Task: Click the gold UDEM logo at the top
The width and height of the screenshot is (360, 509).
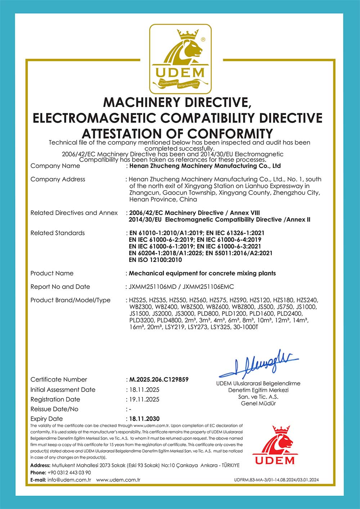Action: tap(180, 59)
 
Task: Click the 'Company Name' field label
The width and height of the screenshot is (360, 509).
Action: tap(55, 166)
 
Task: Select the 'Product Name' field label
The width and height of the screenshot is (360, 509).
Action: tap(52, 273)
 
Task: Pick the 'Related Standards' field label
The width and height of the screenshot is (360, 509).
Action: tap(58, 233)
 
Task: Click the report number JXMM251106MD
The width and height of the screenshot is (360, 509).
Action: tap(154, 287)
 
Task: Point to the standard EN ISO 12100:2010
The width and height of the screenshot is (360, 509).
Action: tap(155, 260)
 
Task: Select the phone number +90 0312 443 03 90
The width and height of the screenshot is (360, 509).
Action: tap(69, 472)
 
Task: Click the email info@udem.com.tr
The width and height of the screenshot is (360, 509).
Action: tap(69, 480)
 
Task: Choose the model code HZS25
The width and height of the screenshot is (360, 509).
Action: tap(137, 300)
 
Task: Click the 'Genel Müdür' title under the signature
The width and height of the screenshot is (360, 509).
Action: tap(258, 403)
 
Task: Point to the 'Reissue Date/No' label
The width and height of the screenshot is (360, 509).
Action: tap(54, 409)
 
